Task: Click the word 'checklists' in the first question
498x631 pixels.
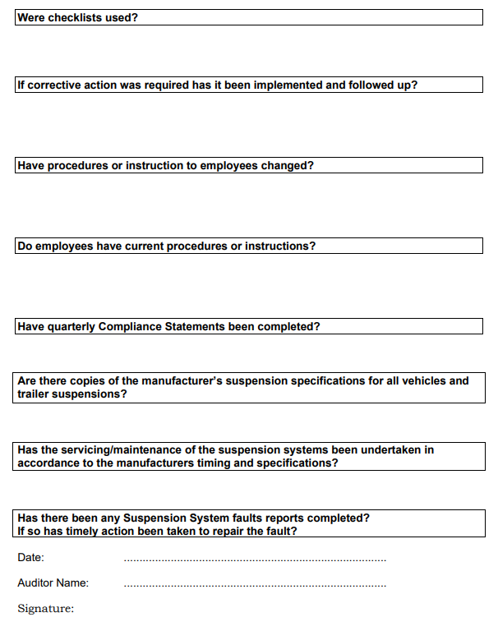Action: [x=75, y=17]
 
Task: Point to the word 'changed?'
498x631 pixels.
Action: [x=288, y=165]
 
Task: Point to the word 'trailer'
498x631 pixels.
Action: [x=34, y=394]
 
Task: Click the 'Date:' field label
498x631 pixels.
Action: [x=30, y=558]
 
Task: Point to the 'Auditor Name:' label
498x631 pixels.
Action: [x=53, y=583]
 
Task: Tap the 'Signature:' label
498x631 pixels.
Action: [x=45, y=609]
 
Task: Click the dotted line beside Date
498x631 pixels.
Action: [x=255, y=560]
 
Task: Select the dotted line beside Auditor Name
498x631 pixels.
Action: [x=255, y=586]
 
